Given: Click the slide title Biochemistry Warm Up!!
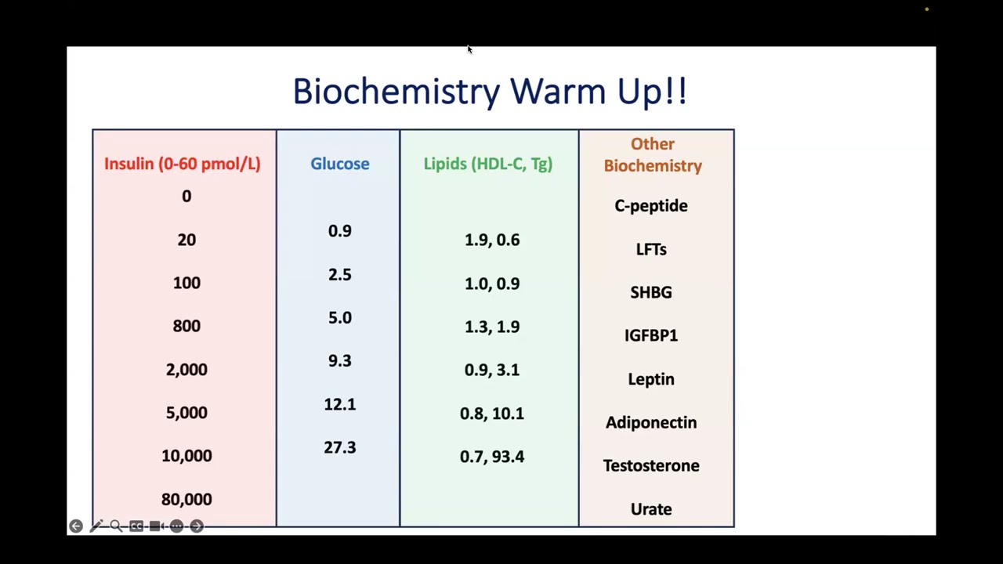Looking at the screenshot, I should coord(490,92).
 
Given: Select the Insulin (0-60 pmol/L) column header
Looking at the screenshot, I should coord(182,164).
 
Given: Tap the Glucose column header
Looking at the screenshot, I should coord(339,164).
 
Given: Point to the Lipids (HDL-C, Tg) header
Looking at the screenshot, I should coord(487,164).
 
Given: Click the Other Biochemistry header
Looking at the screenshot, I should coord(653,155).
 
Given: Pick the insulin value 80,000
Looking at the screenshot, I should coord(186,499).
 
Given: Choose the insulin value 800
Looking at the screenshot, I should coord(186,326).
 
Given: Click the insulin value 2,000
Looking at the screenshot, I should coord(186,370).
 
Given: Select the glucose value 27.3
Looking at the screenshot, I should coord(339,447).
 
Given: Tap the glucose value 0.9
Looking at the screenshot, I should coord(339,231).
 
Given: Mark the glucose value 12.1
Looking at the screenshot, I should coord(339,404).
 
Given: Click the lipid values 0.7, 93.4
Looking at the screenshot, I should coord(492,457).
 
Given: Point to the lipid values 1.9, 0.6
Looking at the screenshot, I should coord(492,240).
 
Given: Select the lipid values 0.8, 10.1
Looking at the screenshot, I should coord(492,414).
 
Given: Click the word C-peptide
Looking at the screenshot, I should coord(651,206).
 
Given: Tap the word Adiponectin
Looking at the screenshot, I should coord(651,423).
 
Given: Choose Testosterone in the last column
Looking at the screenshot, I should coord(651,466).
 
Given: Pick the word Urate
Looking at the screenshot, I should coord(651,509).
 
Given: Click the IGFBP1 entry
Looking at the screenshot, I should coord(651,335).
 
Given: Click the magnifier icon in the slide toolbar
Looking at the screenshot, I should coord(116,526).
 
